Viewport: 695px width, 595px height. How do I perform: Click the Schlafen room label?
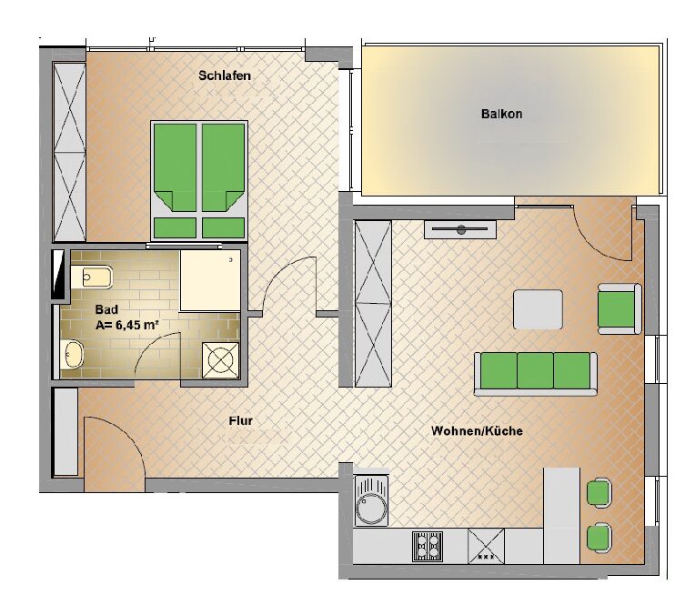225,76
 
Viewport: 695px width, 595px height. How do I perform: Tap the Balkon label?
502,114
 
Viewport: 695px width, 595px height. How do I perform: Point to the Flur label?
241,420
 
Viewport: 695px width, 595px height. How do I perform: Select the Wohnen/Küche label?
477,430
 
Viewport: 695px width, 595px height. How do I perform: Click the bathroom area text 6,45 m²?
137,325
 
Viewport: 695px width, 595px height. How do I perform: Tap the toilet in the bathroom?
91,277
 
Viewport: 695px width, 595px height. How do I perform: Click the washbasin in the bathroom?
72,354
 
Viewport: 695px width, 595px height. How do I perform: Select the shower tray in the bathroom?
210,280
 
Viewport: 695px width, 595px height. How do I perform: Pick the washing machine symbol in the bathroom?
221,360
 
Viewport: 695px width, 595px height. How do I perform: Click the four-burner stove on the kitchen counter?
428,546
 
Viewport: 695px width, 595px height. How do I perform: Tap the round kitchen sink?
371,500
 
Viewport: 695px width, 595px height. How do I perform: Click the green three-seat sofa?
536,373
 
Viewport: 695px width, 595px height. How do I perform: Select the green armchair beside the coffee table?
619,308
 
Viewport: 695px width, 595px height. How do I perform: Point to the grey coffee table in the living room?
539,309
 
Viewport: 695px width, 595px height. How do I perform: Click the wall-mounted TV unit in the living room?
460,229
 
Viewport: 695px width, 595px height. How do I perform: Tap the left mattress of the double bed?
175,167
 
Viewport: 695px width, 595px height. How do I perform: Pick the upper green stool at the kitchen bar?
599,492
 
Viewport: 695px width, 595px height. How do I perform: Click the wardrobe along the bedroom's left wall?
69,152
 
